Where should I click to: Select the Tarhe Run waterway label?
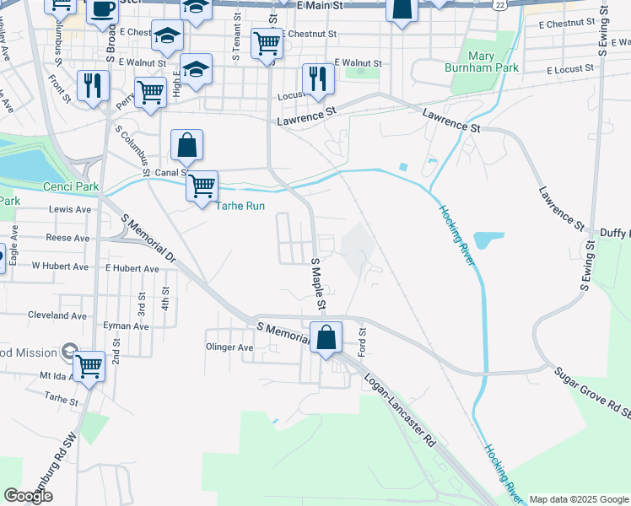(x=242, y=206)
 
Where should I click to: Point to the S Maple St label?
(x=320, y=283)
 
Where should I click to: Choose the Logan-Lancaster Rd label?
(x=399, y=411)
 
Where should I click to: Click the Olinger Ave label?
(x=229, y=347)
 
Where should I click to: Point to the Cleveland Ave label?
(x=57, y=315)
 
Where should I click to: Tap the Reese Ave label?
(x=67, y=239)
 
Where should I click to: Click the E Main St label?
(x=321, y=5)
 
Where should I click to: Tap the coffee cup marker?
(x=103, y=9)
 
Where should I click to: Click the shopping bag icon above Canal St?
(x=186, y=145)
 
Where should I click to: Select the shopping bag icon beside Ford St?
(x=326, y=337)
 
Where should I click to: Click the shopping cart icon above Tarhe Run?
(x=202, y=186)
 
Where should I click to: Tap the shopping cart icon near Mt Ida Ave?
(x=89, y=366)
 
